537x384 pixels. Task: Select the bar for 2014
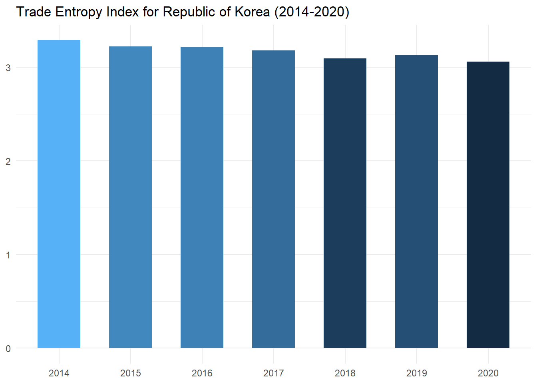point(59,194)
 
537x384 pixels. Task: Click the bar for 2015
point(130,197)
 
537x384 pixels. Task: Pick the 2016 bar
point(202,198)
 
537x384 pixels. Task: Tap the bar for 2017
point(273,199)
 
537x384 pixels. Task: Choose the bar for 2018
point(345,203)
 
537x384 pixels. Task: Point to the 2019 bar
point(416,202)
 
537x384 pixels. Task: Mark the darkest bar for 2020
point(488,205)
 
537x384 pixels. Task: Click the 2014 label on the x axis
point(59,373)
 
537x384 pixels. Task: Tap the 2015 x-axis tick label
point(130,373)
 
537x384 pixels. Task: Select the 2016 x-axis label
point(202,373)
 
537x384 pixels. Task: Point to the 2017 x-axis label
point(273,373)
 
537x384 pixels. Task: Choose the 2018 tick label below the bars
point(345,373)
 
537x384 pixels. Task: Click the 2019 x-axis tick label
point(416,373)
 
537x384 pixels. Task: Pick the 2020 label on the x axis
point(488,373)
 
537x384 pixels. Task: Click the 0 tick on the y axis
point(8,349)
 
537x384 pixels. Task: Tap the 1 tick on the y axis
point(8,255)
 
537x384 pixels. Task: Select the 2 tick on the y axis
point(8,162)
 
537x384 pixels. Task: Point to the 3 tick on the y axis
point(8,68)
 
